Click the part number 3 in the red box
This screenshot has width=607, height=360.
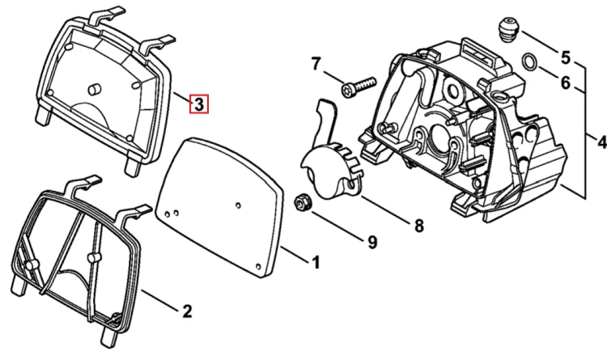point(198,104)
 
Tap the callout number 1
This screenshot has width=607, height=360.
point(316,262)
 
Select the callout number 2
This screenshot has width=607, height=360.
point(187,311)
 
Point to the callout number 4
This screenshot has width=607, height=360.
point(601,142)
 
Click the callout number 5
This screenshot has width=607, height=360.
point(566,57)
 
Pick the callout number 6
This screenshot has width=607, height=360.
point(566,83)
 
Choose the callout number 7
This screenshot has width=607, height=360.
point(316,64)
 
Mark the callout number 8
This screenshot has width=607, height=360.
point(419,226)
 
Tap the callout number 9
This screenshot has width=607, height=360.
point(372,243)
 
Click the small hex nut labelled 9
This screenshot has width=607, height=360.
point(301,203)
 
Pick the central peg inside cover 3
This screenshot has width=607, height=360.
point(94,89)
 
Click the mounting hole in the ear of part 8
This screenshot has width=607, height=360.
point(352,184)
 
